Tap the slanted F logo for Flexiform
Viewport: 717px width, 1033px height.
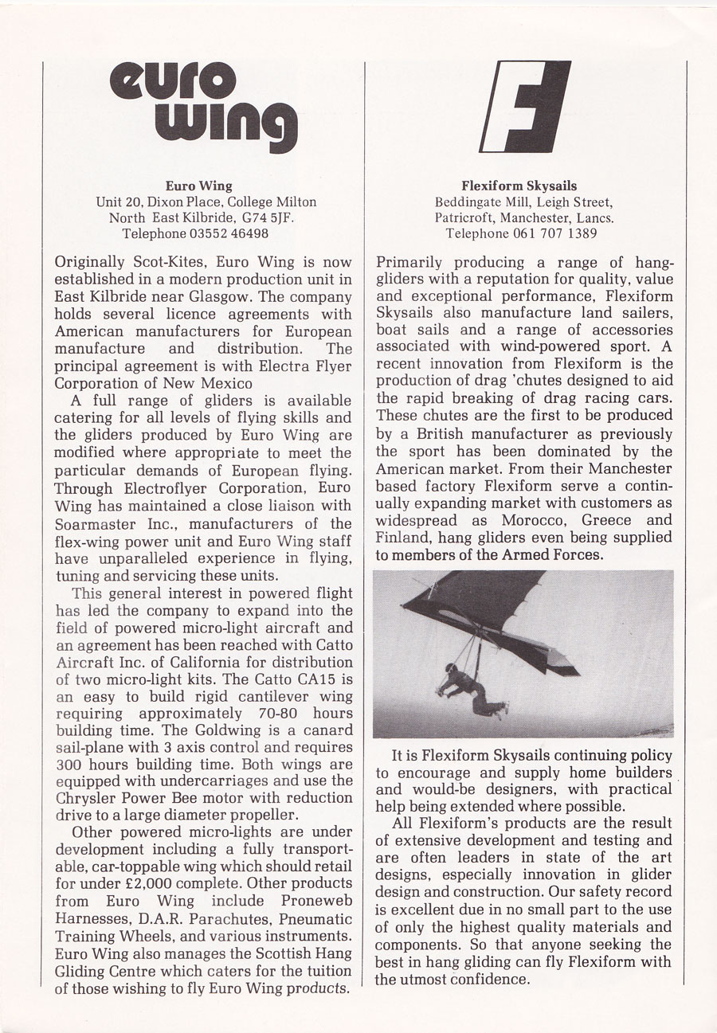pos(525,106)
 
